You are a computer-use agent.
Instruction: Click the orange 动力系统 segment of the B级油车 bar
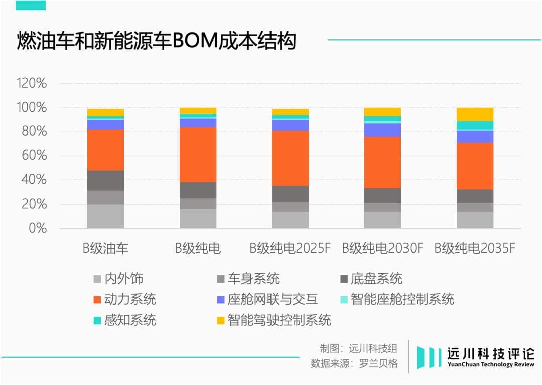click(x=105, y=150)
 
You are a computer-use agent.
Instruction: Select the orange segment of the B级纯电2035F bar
click(x=475, y=166)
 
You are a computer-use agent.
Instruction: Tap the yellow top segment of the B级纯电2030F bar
click(x=383, y=112)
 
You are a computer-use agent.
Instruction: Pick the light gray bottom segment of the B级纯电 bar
click(x=198, y=219)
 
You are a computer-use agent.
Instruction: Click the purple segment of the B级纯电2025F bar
click(x=291, y=125)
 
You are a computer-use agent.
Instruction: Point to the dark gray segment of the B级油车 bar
click(x=105, y=180)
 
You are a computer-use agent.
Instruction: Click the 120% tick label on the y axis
click(x=32, y=83)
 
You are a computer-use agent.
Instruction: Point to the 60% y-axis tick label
click(x=35, y=156)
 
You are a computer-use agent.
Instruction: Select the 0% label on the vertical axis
click(x=38, y=229)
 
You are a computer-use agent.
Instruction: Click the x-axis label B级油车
click(x=106, y=248)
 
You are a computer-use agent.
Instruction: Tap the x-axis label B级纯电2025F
click(x=291, y=248)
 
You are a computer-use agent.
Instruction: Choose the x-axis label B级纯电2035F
click(x=475, y=248)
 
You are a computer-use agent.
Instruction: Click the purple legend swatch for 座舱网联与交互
click(x=220, y=300)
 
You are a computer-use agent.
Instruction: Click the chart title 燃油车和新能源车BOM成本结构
click(x=156, y=41)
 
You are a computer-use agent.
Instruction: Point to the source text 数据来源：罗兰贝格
click(x=354, y=363)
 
